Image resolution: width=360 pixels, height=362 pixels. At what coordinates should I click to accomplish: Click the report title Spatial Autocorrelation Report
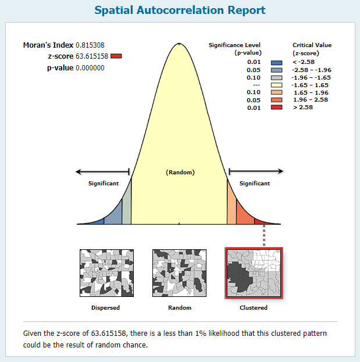180,10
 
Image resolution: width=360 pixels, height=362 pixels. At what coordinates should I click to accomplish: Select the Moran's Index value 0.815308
90,45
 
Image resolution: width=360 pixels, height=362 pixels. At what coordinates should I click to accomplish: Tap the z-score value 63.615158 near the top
92,56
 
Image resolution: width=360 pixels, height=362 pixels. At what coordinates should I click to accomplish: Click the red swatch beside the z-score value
116,56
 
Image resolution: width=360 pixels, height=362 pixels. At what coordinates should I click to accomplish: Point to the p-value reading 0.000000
90,68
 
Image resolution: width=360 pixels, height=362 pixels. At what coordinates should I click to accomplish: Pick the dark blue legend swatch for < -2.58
277,63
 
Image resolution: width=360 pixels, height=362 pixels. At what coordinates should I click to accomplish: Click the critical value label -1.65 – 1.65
310,85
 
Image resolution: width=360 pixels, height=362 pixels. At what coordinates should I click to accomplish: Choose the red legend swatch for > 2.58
277,107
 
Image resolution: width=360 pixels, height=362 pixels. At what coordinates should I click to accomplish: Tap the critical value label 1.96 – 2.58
311,100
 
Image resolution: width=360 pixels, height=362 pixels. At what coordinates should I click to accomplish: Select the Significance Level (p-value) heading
235,49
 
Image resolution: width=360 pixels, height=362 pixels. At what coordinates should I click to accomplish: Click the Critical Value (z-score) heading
312,49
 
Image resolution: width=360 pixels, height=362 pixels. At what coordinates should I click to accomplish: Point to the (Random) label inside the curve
180,172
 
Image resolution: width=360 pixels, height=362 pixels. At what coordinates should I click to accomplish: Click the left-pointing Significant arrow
102,171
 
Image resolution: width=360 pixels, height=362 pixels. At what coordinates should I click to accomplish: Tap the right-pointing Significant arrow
256,171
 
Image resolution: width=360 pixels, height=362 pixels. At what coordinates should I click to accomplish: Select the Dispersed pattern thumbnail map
107,273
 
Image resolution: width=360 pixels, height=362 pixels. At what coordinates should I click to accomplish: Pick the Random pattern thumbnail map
179,273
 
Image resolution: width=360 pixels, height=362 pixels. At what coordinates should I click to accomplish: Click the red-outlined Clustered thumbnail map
254,273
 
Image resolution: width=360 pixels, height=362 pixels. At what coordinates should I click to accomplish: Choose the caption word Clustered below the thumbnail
254,308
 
